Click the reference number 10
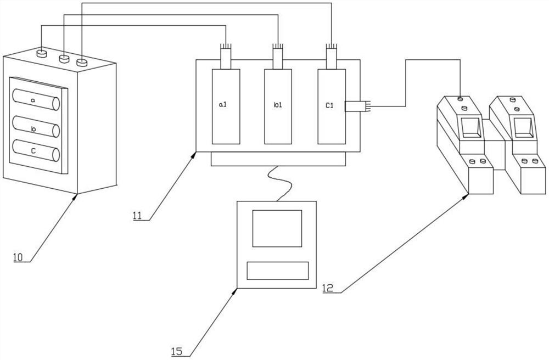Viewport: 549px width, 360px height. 19,256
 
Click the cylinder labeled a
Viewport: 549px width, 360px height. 36,101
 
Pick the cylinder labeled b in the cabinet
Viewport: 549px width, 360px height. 36,128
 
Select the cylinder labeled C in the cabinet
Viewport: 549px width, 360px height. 36,151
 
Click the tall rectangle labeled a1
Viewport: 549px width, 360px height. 226,106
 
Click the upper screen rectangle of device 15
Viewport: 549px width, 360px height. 277,228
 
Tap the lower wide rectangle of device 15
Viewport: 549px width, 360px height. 277,270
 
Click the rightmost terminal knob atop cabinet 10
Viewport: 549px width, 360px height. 82,63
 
